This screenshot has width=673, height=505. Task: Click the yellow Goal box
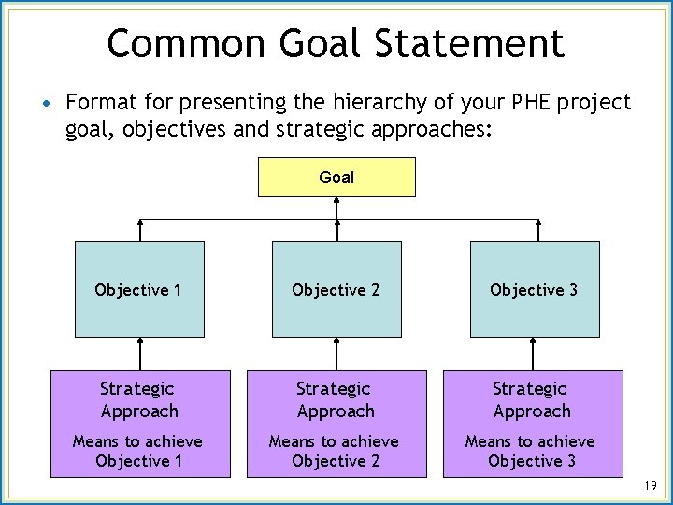pyautogui.click(x=336, y=177)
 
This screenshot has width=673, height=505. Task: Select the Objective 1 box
pyautogui.click(x=139, y=289)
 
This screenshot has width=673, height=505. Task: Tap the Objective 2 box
pyautogui.click(x=336, y=289)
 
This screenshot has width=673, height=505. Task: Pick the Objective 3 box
pyautogui.click(x=534, y=289)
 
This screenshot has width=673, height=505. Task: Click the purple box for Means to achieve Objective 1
pyautogui.click(x=139, y=424)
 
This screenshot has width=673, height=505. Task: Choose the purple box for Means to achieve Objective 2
pyautogui.click(x=336, y=424)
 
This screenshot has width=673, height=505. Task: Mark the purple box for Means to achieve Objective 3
pyautogui.click(x=532, y=424)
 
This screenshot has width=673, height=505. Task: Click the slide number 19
pyautogui.click(x=652, y=485)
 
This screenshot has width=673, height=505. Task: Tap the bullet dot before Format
pyautogui.click(x=46, y=101)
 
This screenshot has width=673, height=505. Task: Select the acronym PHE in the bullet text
pyautogui.click(x=526, y=102)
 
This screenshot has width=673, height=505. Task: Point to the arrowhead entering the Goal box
pyautogui.click(x=336, y=202)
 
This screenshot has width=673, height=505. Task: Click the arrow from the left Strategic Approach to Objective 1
pyautogui.click(x=139, y=353)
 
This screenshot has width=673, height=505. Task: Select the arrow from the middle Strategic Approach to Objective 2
pyautogui.click(x=336, y=353)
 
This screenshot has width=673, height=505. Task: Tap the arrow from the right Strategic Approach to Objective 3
pyautogui.click(x=534, y=353)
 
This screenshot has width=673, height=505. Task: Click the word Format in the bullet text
pyautogui.click(x=99, y=102)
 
